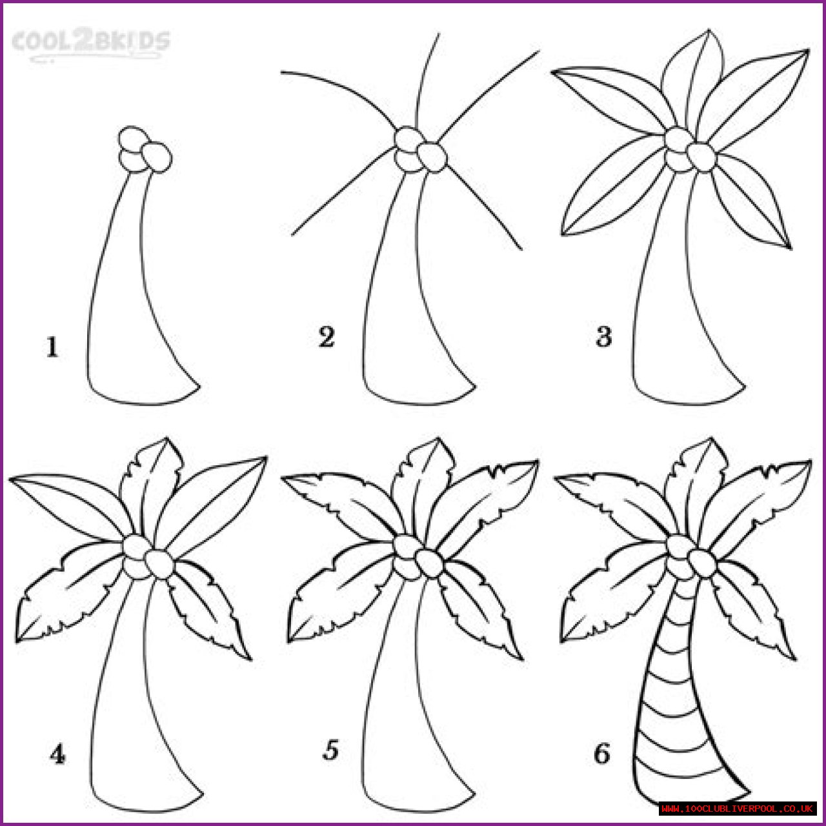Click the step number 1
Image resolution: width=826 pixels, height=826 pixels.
52,347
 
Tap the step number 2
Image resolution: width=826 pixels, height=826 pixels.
326,337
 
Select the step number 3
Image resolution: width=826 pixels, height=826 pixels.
603,336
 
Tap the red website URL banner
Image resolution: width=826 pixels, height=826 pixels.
737,809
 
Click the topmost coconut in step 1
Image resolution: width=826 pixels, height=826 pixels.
132,137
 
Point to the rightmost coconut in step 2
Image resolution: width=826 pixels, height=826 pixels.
432,157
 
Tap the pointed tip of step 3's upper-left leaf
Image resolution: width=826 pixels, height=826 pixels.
551,72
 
